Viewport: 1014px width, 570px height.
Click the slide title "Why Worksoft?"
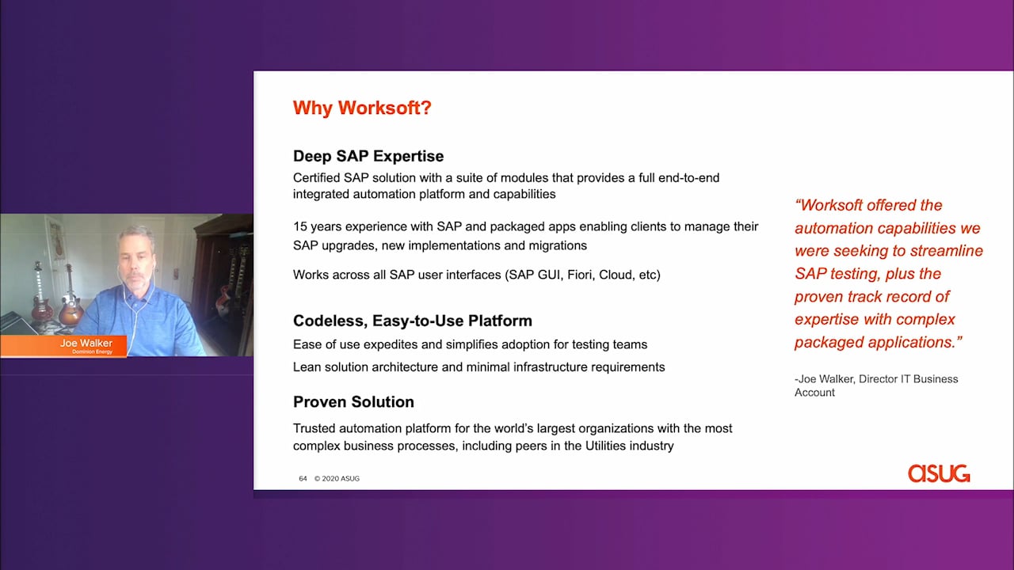362,108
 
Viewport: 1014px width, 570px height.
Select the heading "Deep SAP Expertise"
368,156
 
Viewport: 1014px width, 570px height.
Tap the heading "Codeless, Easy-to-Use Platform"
413,321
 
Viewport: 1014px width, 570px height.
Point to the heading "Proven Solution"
353,401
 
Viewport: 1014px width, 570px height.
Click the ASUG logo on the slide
939,473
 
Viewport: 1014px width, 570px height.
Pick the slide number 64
303,479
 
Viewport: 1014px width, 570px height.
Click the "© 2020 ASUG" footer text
337,479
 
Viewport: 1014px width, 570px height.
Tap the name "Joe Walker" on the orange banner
86,343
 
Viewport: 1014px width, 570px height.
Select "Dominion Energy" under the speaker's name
93,351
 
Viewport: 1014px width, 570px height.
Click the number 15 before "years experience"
300,226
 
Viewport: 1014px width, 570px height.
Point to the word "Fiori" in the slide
581,275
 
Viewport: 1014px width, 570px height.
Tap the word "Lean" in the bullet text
307,367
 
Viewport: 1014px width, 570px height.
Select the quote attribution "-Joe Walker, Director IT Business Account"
876,386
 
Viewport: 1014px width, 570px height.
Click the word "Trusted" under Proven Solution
314,428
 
